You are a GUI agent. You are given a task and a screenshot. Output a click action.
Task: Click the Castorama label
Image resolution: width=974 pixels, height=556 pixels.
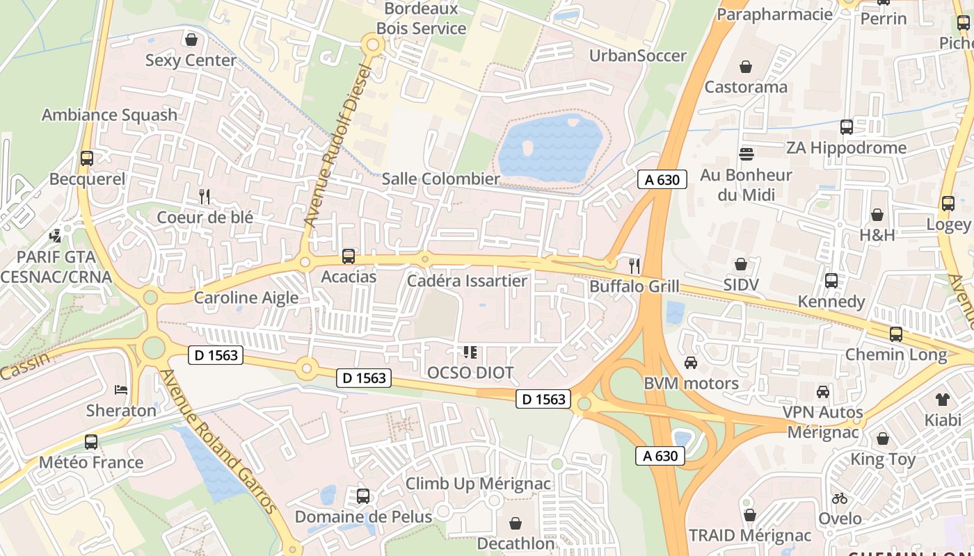click(x=746, y=87)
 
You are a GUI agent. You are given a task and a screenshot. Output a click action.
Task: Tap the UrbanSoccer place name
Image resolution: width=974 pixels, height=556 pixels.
click(x=637, y=56)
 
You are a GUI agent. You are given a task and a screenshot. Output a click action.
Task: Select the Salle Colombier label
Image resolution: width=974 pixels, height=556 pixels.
click(x=441, y=179)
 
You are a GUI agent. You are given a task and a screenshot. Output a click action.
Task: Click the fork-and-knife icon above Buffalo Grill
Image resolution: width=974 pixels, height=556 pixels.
click(x=634, y=265)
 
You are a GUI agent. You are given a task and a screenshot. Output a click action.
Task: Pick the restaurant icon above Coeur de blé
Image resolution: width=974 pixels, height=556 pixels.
click(x=205, y=197)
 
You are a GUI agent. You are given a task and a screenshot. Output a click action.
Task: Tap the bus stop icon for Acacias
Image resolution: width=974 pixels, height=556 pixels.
click(x=349, y=256)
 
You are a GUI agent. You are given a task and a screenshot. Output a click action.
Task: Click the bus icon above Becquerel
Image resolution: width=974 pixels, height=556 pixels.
click(x=87, y=158)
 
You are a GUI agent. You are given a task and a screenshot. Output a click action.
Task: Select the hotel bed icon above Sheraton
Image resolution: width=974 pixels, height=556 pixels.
click(x=121, y=390)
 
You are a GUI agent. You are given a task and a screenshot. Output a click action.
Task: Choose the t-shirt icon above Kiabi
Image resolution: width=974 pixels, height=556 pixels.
click(x=942, y=399)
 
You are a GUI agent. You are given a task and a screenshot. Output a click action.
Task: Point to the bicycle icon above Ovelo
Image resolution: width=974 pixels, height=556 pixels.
click(x=840, y=498)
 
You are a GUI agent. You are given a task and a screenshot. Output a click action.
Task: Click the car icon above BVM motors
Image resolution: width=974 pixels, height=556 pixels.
click(x=691, y=362)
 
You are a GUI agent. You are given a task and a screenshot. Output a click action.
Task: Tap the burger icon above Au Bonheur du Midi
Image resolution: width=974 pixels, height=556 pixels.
click(x=747, y=154)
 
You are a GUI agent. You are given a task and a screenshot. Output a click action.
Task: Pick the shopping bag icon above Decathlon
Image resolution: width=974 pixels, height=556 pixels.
click(x=516, y=523)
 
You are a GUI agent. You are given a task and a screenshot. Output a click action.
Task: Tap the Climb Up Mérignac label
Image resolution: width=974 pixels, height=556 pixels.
click(x=478, y=484)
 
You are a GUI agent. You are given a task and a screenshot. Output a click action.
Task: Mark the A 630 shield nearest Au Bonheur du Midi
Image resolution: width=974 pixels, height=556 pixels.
click(x=662, y=179)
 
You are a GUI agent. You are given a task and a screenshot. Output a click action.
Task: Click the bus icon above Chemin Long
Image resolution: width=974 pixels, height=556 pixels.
click(x=896, y=334)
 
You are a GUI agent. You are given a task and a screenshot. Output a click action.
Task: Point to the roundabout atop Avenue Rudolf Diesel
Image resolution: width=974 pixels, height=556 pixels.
click(x=372, y=45)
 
